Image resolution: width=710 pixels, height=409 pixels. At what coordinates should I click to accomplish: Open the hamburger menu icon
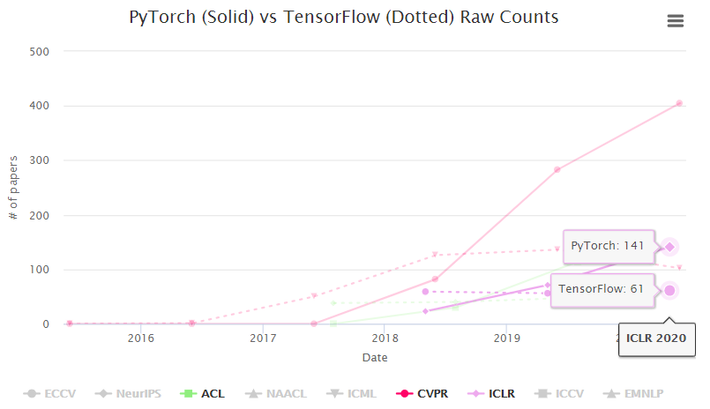pos(676,21)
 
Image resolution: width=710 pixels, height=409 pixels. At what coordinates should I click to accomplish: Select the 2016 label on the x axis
pos(141,338)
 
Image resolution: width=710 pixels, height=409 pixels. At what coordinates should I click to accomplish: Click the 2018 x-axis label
pos(384,338)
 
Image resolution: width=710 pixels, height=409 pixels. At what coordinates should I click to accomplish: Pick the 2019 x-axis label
pos(505,338)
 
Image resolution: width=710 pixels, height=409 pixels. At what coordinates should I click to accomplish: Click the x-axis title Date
pos(375,358)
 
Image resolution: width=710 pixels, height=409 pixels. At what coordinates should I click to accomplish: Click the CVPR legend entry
pos(422,393)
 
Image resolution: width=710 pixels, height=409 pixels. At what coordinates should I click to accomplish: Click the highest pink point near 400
pos(678,103)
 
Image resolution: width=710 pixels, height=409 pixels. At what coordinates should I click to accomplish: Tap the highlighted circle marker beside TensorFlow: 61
pos(669,291)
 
